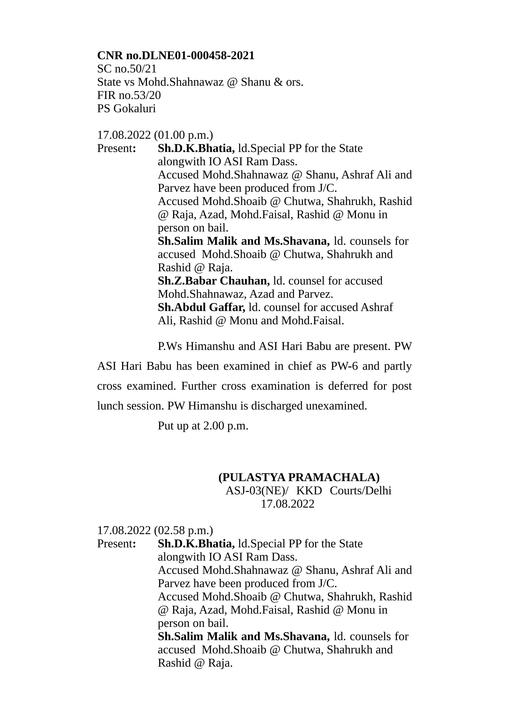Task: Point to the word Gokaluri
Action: pos(134,109)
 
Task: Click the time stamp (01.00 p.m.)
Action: pos(183,135)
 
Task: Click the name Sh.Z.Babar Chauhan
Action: pos(213,281)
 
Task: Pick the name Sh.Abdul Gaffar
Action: pos(201,307)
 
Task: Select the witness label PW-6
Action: pos(344,366)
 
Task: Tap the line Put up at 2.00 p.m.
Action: pos(203,426)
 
